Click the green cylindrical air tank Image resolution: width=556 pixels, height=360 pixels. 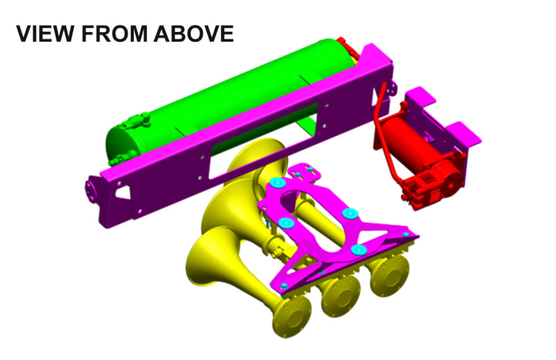pos(229,90)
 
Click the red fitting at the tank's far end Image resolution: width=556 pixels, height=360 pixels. pos(347,49)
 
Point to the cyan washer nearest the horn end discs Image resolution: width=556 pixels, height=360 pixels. pos(359,249)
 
